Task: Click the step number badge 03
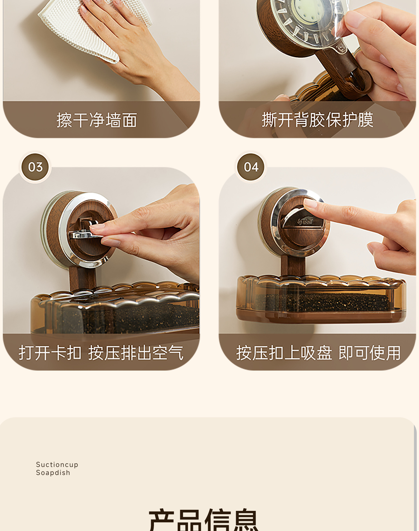click(x=35, y=167)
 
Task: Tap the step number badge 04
click(x=251, y=167)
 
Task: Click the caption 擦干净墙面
click(x=97, y=120)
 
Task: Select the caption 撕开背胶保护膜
click(x=317, y=120)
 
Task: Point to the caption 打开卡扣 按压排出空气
click(x=101, y=353)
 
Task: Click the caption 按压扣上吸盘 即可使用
click(x=318, y=353)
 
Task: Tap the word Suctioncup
click(x=57, y=464)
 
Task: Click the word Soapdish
click(x=53, y=473)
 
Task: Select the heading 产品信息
click(x=204, y=520)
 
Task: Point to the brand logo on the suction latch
click(x=305, y=222)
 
